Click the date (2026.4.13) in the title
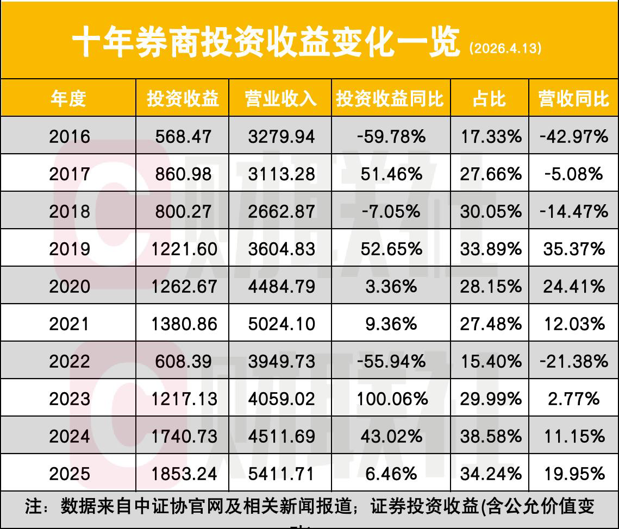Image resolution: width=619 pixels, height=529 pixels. click(x=505, y=48)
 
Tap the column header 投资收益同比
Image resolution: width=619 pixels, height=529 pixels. click(x=390, y=99)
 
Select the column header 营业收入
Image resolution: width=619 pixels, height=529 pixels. click(x=280, y=99)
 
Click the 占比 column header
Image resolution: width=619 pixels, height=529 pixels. click(x=489, y=99)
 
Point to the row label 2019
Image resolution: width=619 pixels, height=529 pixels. click(x=70, y=249)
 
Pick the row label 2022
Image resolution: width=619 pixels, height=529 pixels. click(x=70, y=361)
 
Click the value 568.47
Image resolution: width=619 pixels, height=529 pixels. click(x=183, y=136)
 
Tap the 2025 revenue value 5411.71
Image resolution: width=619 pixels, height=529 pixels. click(x=281, y=474)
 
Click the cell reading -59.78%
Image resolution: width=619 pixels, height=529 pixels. click(x=391, y=136)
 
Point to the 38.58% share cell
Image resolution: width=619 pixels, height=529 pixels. click(x=490, y=437)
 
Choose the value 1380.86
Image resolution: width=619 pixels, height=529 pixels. click(x=183, y=324)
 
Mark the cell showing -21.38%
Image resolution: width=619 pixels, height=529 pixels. click(x=574, y=361)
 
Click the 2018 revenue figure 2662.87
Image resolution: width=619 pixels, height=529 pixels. click(x=281, y=211)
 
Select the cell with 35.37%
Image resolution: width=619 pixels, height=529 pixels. click(x=574, y=249)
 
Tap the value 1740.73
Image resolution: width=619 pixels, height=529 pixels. click(x=183, y=437)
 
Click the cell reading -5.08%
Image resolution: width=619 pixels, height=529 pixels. click(x=574, y=174)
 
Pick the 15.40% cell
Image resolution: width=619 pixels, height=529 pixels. click(x=490, y=361)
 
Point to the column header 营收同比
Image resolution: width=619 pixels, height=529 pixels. click(x=574, y=99)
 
